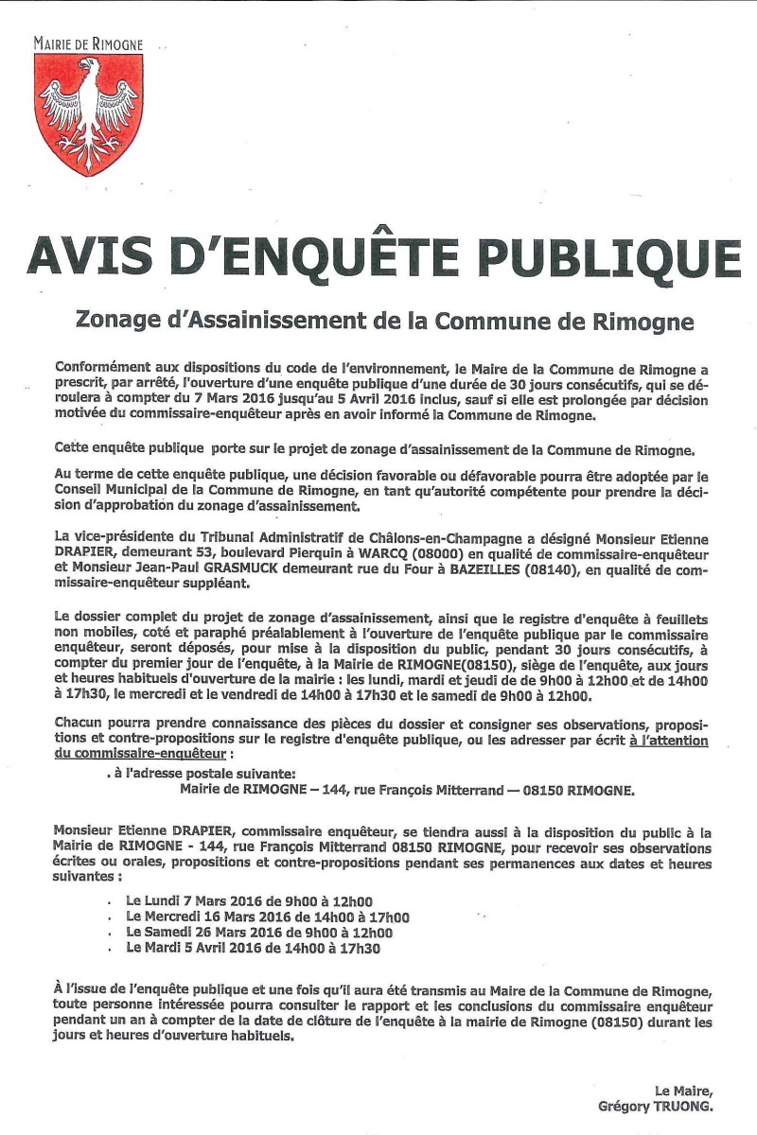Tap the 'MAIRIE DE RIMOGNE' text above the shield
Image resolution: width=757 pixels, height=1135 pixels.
click(x=87, y=44)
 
